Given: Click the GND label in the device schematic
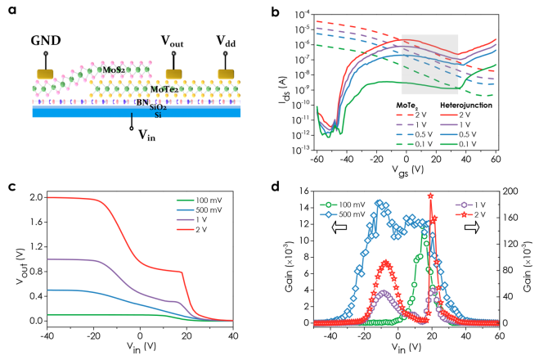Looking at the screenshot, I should coord(46,39).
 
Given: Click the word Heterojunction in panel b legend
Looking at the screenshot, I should coord(464,106).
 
